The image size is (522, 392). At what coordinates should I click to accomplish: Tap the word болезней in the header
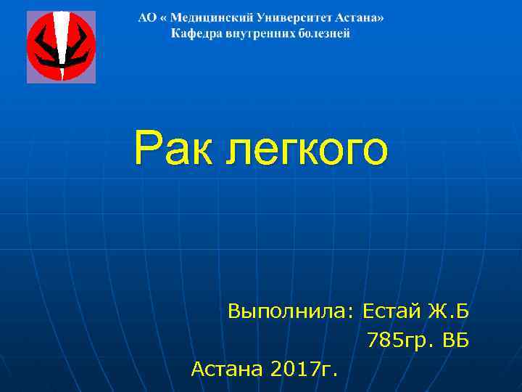(324, 33)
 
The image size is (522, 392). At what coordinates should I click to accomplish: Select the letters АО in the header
(146, 17)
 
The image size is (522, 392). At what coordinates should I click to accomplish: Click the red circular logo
(61, 46)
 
